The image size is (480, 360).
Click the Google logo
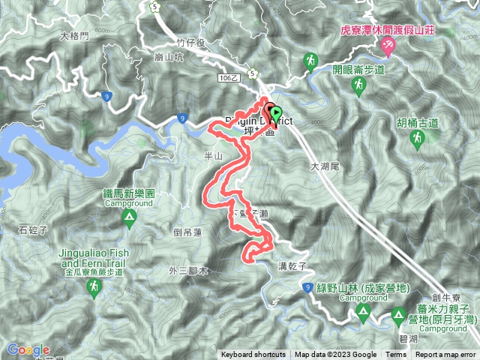[x=28, y=349]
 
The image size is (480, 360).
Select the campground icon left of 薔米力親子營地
[x=397, y=314]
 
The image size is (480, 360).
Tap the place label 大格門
[x=75, y=34]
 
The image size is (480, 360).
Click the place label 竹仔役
[x=191, y=43]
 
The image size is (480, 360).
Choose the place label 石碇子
[x=33, y=231]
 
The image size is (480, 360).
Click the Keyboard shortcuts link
[x=253, y=355]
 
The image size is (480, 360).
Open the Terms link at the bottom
[x=396, y=355]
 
